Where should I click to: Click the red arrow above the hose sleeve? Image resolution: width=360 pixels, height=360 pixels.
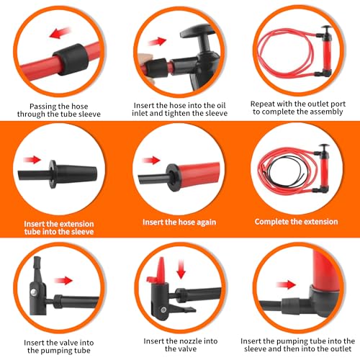point(60,32)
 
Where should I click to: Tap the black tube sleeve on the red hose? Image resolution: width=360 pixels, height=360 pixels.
point(71,59)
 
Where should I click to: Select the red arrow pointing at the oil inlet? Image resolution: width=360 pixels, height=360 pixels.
point(157,41)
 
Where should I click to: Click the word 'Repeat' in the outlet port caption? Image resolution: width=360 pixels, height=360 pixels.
point(263,104)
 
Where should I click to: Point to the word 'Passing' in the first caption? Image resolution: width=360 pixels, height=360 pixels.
point(42,107)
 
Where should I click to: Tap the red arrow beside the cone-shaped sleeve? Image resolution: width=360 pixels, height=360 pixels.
point(32,160)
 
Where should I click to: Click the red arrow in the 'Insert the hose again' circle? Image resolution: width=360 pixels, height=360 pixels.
point(151,160)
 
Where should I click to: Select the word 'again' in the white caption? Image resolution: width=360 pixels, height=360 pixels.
point(207,222)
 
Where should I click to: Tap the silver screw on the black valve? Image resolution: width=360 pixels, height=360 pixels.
point(33,292)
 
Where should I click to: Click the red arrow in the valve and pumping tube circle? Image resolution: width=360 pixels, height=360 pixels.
point(63,280)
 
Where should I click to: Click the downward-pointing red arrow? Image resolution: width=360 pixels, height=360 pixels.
point(181,269)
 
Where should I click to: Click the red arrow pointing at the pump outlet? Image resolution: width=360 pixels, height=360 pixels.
point(286,284)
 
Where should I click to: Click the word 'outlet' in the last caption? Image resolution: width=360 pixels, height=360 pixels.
point(341,348)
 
